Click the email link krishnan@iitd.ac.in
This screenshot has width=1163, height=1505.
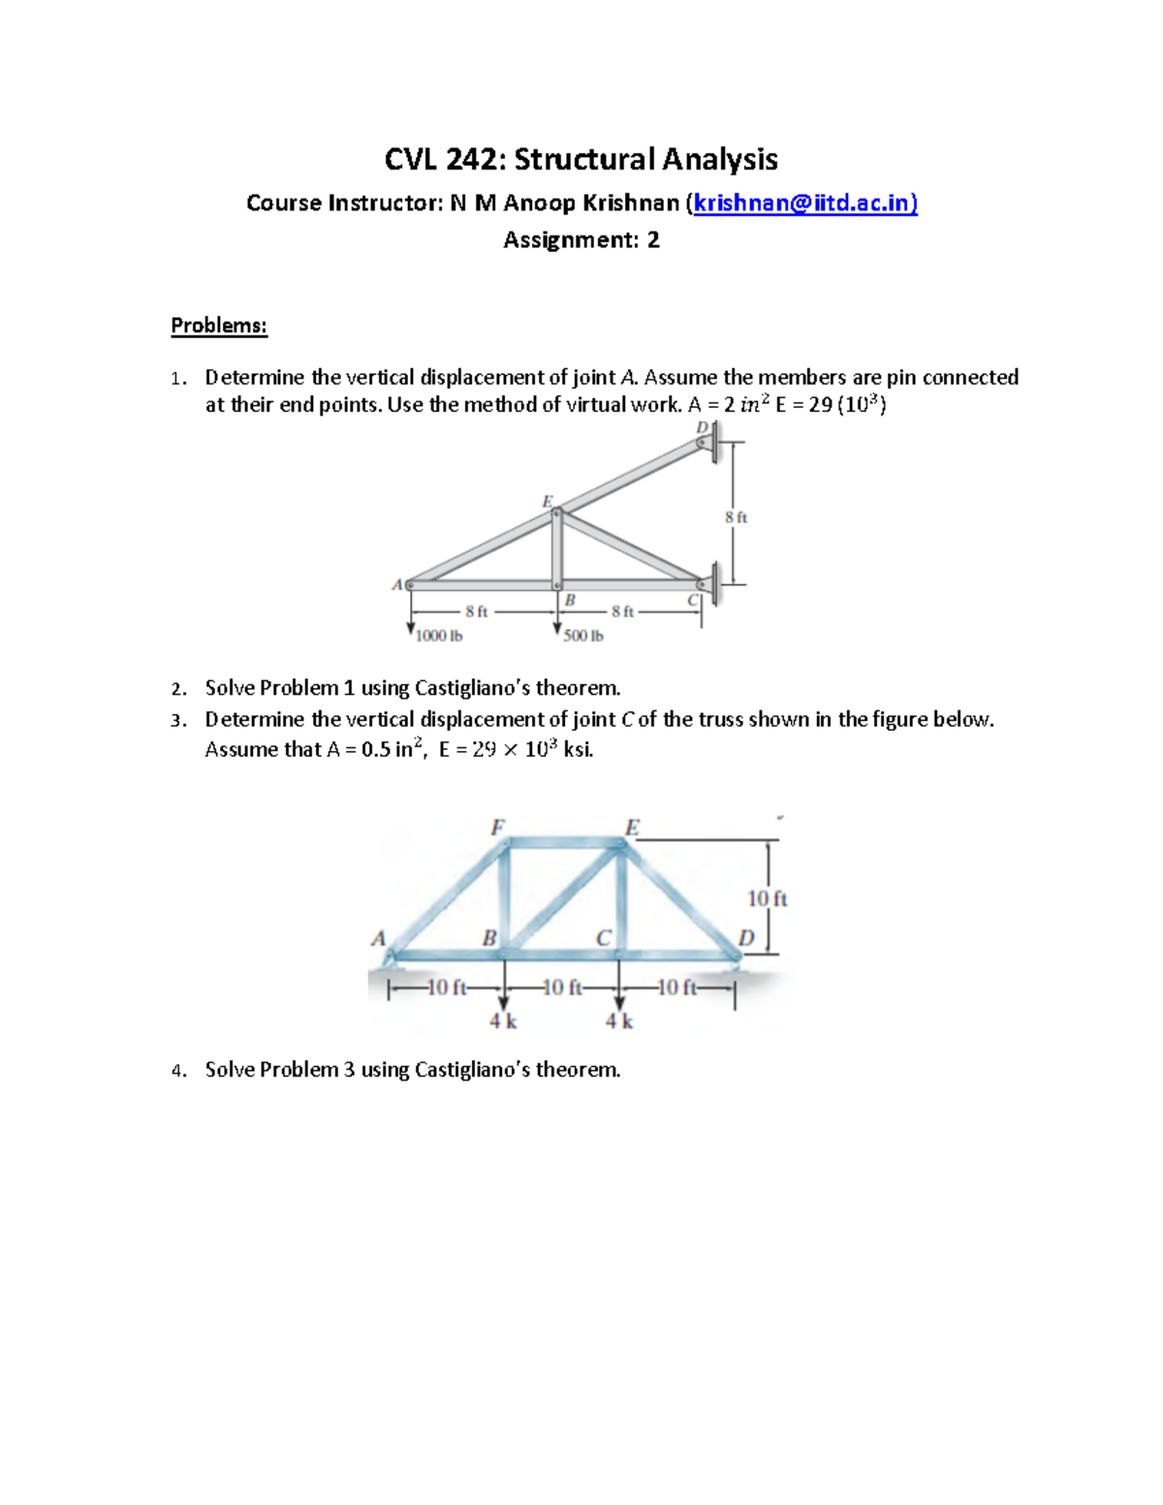804,203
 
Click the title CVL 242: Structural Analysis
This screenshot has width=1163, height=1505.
581,159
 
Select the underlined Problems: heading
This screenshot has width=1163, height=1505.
218,326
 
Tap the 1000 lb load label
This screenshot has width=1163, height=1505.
439,637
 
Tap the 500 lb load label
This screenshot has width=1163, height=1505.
583,637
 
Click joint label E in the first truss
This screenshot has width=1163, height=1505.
547,501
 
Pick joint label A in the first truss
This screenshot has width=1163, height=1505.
396,584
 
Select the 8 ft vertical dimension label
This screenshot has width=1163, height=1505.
736,517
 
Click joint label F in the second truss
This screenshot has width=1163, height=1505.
497,827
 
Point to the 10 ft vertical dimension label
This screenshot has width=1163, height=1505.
767,899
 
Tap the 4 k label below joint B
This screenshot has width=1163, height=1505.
502,1020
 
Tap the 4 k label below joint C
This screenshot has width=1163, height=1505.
619,1020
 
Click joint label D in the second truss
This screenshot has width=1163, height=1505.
745,937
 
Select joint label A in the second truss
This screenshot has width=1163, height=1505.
378,937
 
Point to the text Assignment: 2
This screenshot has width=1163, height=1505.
581,240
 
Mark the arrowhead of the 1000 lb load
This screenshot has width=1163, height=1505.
411,631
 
